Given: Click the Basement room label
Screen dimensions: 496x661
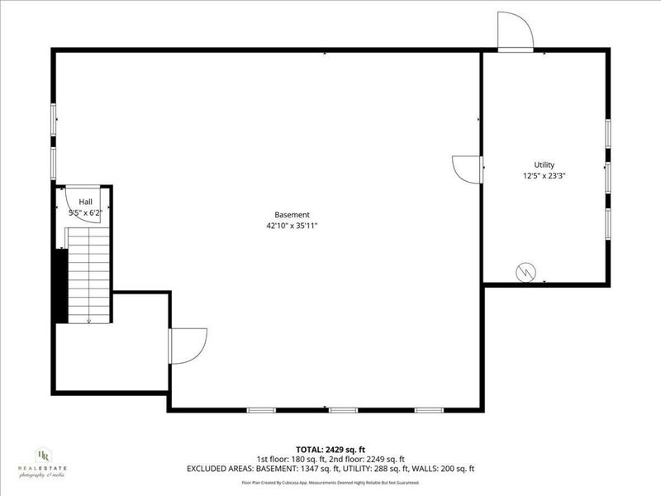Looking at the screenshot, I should coord(292,214).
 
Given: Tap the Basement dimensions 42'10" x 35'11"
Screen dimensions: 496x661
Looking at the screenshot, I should coord(292,225).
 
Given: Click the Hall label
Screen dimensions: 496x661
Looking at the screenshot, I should coord(86,202).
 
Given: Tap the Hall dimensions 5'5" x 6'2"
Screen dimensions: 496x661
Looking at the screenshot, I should coord(86,212).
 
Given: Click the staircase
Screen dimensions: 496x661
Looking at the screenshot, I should coord(88,274).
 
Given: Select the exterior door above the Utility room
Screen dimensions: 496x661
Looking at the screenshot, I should coord(515,33).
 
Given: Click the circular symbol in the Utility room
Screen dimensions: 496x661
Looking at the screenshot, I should coord(525,271).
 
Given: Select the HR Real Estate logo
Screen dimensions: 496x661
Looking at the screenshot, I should coord(42,464).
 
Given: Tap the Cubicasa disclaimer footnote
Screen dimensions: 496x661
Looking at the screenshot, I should coord(330,482).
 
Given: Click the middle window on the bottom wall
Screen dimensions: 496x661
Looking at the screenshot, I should coord(343,409).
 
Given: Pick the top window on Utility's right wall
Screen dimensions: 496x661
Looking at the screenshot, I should coord(608,133).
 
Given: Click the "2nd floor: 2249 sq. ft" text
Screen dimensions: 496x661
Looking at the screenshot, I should coord(369,459).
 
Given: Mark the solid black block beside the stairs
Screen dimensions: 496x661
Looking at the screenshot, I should coord(59,285).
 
